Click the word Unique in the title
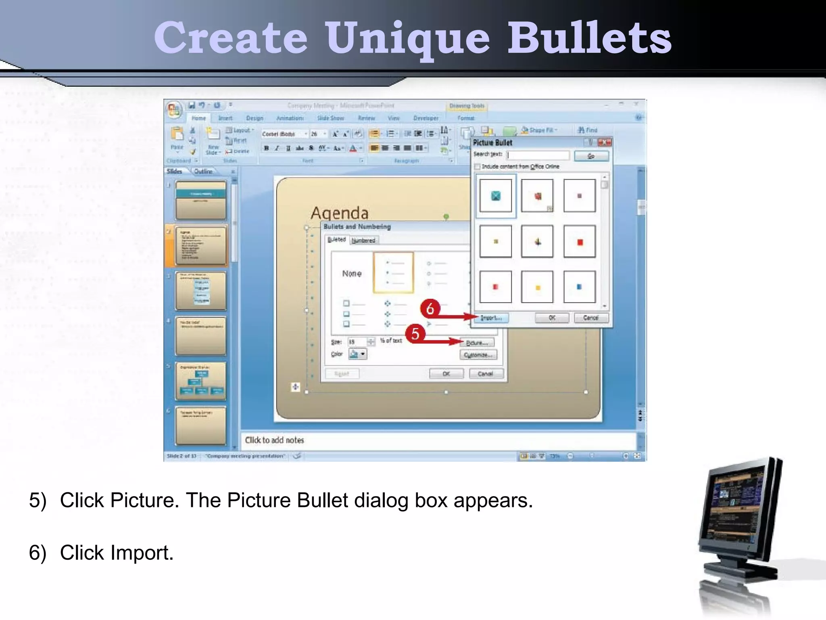pos(408,38)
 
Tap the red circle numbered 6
pos(430,308)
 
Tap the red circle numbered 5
pos(415,334)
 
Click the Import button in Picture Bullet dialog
pos(492,318)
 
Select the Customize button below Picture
pos(478,355)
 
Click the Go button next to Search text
pos(591,156)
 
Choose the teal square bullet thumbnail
pos(496,196)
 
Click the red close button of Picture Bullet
pos(605,142)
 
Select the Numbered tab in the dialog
pos(363,241)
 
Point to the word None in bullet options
pos(352,274)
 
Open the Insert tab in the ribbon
pos(225,118)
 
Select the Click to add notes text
pos(274,440)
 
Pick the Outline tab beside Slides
pos(203,172)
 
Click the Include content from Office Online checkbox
pos(478,167)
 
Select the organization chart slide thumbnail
pos(200,381)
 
